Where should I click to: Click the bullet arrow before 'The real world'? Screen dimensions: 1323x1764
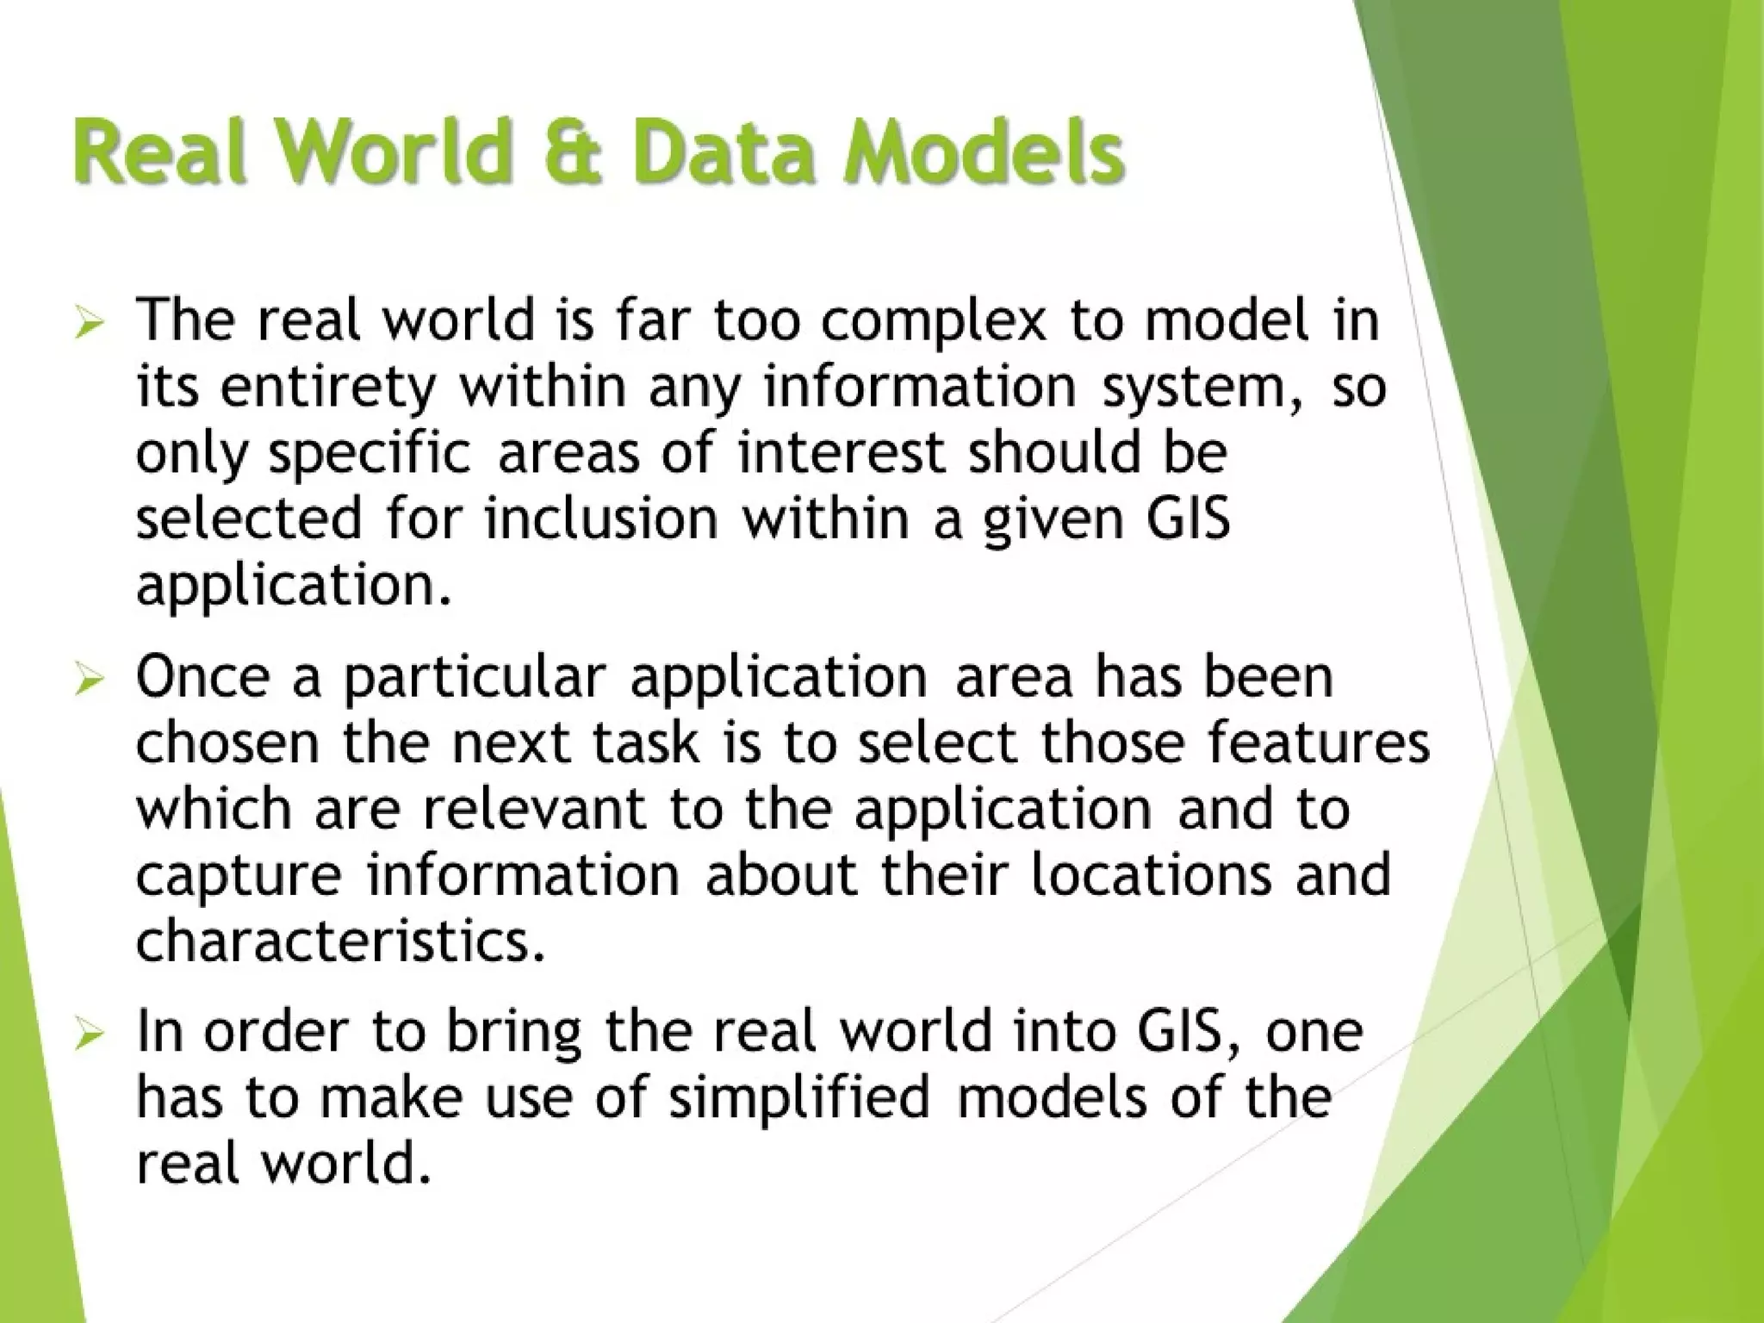[x=89, y=326]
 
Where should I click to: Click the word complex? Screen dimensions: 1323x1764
[x=932, y=320]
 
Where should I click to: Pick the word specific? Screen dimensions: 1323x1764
[x=370, y=455]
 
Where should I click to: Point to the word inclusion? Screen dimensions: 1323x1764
[x=601, y=519]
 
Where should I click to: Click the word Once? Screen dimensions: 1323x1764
[x=202, y=677]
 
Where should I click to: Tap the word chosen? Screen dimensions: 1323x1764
[x=227, y=742]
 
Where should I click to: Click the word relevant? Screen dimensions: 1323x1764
[x=534, y=809]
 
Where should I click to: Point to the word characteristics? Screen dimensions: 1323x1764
[x=341, y=941]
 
